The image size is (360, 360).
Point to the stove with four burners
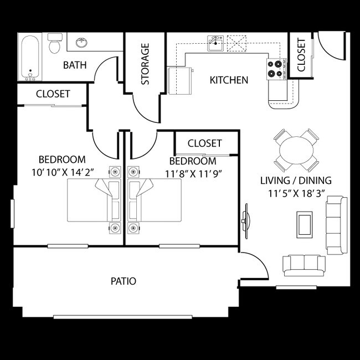pos(275,69)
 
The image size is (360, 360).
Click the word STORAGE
pos(146,64)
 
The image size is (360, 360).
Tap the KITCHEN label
pos(229,80)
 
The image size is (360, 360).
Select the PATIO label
pos(123,281)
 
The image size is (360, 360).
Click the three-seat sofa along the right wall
pos(335,223)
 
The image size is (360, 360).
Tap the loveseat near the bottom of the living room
pos(304,265)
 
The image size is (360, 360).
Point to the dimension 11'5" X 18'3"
pos(296,194)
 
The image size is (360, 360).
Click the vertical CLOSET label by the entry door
pos(301,55)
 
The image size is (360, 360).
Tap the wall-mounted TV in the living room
pos(244,221)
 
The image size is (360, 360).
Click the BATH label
pos(75,65)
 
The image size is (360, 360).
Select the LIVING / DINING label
pos(296,180)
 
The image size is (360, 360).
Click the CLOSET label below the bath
pos(53,94)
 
